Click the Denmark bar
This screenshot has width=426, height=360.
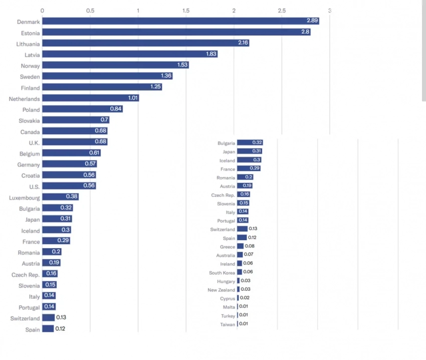click(x=180, y=21)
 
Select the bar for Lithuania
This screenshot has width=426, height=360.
click(x=145, y=43)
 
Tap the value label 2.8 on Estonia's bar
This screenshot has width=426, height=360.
click(x=305, y=32)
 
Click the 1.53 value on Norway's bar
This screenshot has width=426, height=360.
click(x=182, y=65)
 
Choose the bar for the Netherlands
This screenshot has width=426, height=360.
click(x=90, y=98)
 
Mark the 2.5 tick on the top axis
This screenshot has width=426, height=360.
click(x=282, y=10)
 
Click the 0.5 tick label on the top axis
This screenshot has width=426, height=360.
click(x=90, y=10)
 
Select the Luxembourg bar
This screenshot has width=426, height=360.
click(x=60, y=197)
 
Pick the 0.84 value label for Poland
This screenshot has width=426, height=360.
click(x=116, y=109)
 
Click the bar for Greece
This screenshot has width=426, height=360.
click(x=241, y=246)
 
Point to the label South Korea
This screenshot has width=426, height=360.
click(x=222, y=273)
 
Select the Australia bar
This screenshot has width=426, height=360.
click(x=240, y=255)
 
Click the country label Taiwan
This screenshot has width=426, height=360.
click(x=228, y=324)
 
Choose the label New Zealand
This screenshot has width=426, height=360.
click(x=221, y=290)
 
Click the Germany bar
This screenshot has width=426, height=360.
click(x=69, y=164)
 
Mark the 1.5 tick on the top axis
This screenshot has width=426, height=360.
click(x=186, y=10)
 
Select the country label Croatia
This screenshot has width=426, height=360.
click(x=31, y=175)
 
